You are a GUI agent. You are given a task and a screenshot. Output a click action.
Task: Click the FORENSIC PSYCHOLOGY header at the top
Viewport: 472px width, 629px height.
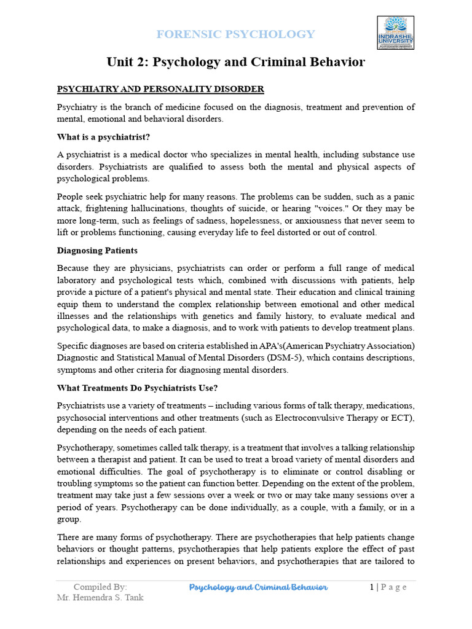[x=235, y=34]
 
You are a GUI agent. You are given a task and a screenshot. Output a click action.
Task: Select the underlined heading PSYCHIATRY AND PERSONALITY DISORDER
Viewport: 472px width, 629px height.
[x=160, y=89]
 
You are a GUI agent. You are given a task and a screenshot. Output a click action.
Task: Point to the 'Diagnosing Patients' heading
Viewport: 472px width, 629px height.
[x=97, y=251]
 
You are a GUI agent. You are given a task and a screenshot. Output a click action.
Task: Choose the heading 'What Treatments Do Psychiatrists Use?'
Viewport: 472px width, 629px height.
[x=138, y=388]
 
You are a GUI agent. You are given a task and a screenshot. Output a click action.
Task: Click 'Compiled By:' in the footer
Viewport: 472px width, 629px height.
[x=100, y=587]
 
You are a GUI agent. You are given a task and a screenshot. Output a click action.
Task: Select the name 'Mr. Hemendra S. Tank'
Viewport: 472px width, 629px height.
[x=100, y=598]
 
